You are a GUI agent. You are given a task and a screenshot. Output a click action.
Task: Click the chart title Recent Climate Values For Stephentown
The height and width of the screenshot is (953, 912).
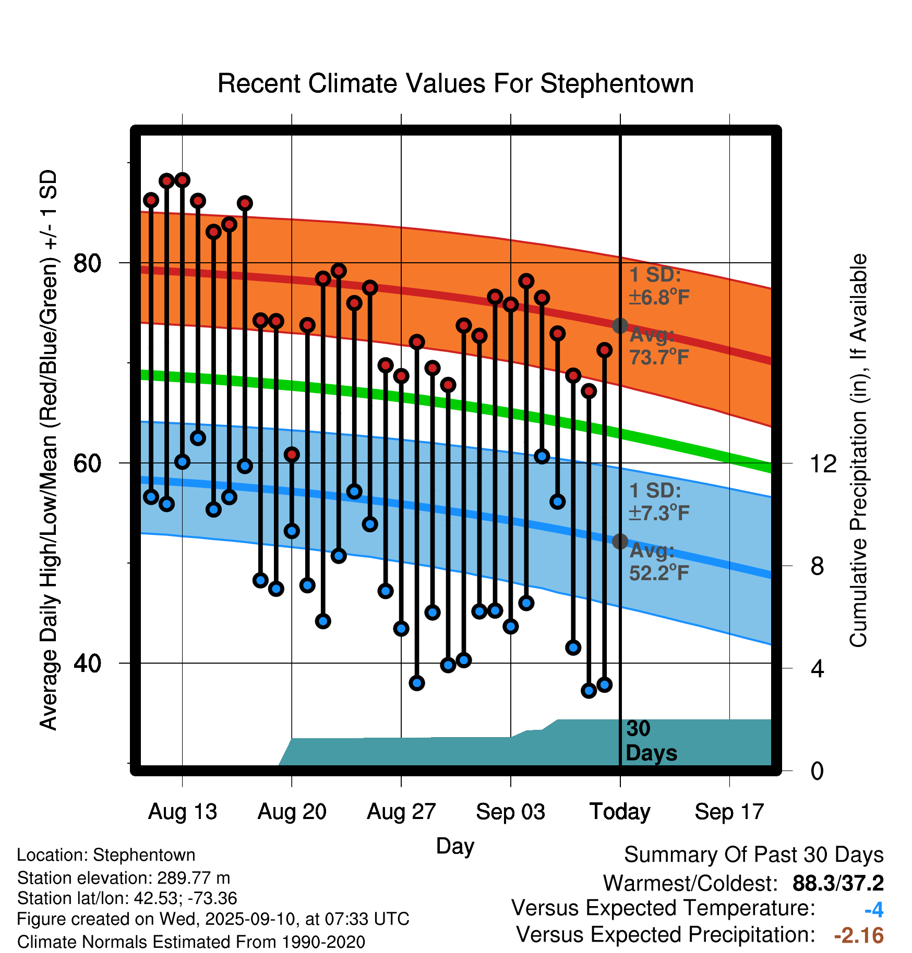(x=455, y=83)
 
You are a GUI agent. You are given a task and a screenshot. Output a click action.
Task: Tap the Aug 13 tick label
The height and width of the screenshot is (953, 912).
(x=182, y=812)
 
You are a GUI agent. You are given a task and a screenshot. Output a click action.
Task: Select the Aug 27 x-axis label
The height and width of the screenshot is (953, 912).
(x=401, y=812)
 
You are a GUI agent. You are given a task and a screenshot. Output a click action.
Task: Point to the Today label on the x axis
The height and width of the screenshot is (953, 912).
(x=620, y=812)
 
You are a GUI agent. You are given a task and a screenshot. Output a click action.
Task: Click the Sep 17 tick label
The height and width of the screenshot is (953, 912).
(x=729, y=812)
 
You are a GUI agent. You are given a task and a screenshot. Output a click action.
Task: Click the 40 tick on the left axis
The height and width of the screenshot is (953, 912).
(x=88, y=664)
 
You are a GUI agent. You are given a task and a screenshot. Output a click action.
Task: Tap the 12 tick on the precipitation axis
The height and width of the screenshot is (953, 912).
(x=823, y=463)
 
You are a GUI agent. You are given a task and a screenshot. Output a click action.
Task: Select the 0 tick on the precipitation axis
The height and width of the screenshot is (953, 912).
(x=817, y=771)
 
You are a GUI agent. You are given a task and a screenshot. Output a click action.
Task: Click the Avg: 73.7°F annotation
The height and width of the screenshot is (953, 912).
(x=658, y=346)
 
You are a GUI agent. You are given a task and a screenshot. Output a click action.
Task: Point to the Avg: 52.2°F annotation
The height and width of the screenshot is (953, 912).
(x=658, y=562)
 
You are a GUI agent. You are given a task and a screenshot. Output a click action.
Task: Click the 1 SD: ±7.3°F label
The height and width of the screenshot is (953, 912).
(x=658, y=502)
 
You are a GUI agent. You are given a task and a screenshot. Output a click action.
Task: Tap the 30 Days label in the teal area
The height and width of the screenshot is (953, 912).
(x=651, y=741)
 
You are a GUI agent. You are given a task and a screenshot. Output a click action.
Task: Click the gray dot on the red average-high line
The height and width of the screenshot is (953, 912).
(x=620, y=326)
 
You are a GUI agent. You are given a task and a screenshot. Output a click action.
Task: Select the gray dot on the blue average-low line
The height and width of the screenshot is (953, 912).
(x=620, y=542)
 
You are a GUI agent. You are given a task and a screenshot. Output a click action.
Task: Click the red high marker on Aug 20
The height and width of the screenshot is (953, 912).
(x=292, y=455)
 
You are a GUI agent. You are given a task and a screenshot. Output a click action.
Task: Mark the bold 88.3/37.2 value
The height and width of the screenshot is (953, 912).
(x=838, y=883)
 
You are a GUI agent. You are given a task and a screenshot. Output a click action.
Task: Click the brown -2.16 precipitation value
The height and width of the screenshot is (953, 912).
(x=859, y=935)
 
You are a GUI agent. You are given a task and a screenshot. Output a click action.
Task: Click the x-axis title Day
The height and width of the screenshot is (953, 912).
(x=455, y=846)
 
